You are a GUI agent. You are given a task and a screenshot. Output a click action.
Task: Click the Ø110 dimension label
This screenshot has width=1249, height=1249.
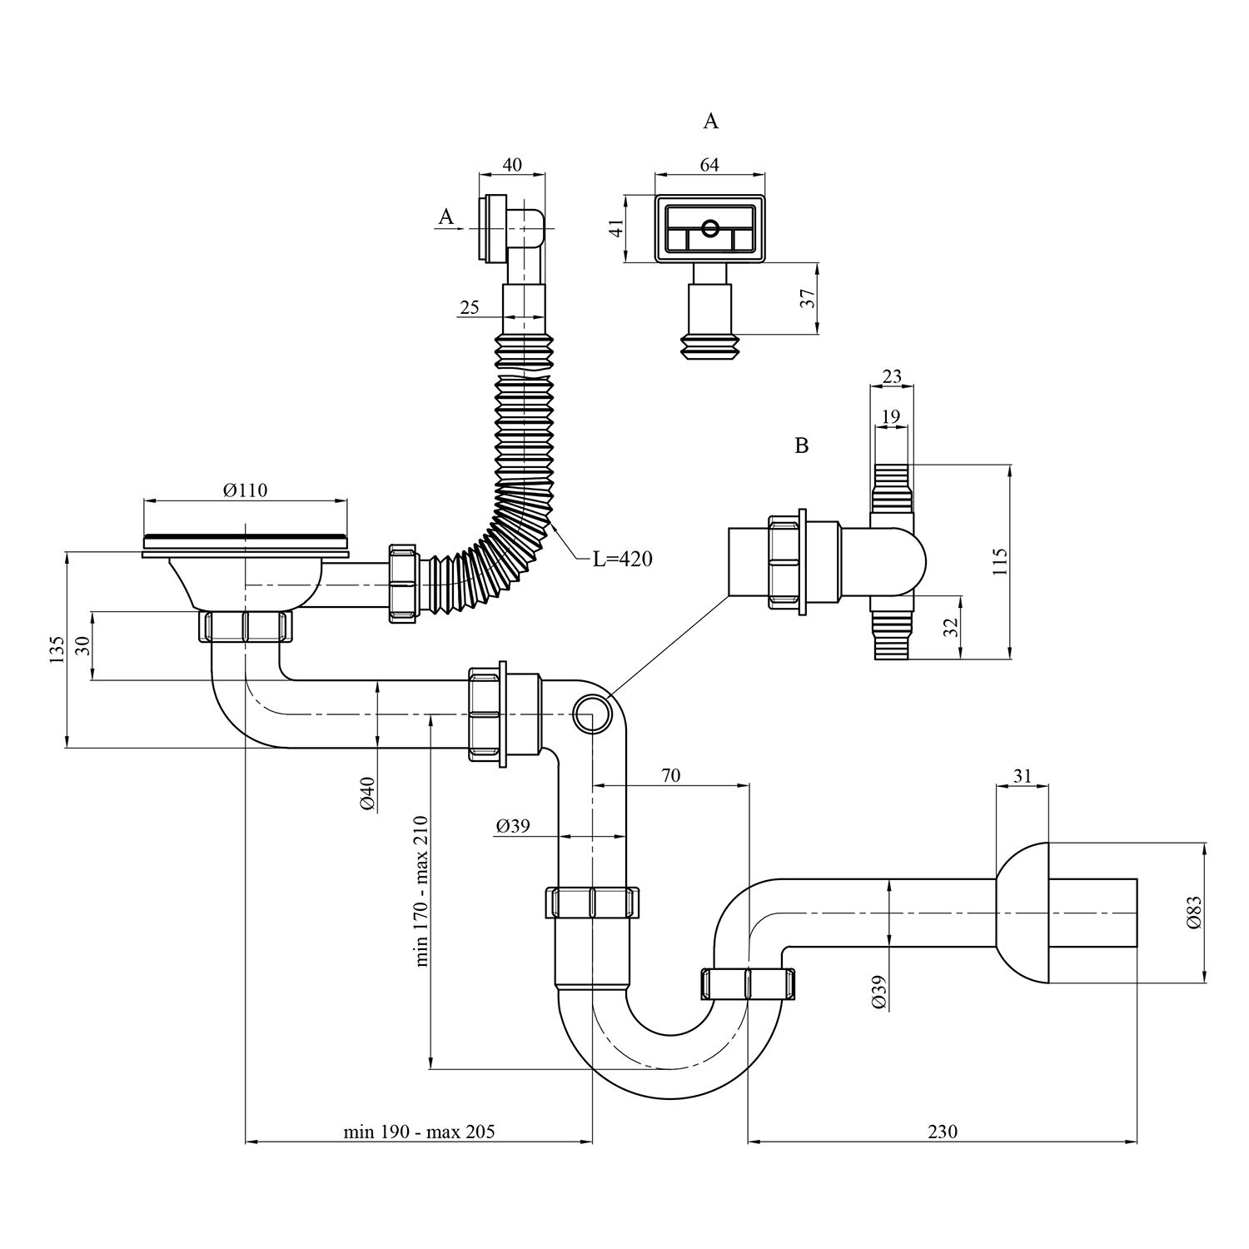(245, 490)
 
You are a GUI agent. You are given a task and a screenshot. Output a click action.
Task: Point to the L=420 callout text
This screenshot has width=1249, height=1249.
(622, 560)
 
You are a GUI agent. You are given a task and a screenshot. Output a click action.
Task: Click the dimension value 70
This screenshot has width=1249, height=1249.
(670, 776)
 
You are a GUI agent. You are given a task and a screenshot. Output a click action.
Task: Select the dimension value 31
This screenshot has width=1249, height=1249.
(1023, 776)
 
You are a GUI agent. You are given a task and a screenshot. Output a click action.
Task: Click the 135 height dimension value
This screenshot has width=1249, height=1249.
(57, 649)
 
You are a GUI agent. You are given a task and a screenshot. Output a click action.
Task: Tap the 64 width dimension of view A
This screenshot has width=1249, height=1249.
(709, 165)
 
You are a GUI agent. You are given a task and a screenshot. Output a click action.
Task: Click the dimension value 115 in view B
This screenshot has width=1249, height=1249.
(1001, 562)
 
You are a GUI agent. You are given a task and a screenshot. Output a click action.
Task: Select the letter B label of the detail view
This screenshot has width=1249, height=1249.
(801, 445)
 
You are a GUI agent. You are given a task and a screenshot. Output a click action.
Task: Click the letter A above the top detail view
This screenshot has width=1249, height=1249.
(710, 122)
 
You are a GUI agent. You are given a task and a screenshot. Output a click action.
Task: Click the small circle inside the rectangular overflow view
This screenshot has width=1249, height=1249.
(710, 227)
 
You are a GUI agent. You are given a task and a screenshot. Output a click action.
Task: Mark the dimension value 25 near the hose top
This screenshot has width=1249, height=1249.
(469, 308)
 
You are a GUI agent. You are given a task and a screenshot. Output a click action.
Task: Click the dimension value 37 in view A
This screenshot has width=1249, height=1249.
(807, 299)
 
